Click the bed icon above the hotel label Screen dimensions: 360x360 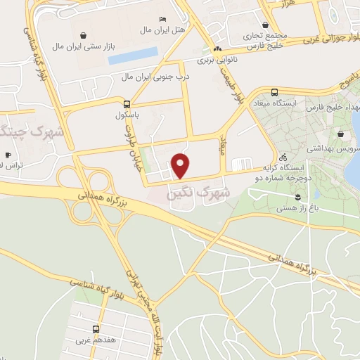164,18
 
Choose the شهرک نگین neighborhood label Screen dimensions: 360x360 192,191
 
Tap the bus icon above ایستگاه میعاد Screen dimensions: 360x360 274,92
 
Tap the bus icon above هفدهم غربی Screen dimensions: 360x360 96,329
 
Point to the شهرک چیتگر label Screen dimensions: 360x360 32,131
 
